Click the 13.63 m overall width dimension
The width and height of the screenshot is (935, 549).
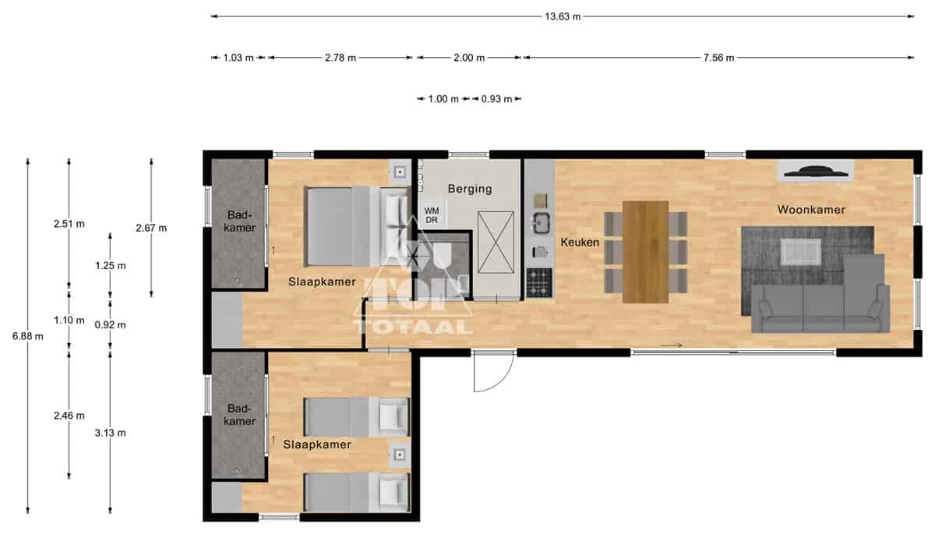pos(563,16)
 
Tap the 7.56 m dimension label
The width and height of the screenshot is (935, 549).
pos(718,58)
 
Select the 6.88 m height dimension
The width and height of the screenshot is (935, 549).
pos(27,336)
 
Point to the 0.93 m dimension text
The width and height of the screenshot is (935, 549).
pos(496,99)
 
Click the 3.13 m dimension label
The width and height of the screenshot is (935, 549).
pos(110,433)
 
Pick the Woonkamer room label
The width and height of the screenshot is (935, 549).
pos(811,210)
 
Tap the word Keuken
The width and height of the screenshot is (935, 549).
pos(580,243)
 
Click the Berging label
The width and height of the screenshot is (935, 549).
pos(470,189)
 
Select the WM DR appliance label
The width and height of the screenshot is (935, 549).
pos(432,215)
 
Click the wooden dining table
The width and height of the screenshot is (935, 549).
pos(645,252)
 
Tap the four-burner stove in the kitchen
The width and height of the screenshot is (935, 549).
pos(539,283)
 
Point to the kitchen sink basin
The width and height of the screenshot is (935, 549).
pos(541,223)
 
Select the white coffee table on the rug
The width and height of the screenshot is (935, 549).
pos(801,252)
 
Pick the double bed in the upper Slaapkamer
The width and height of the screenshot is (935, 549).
pos(358,226)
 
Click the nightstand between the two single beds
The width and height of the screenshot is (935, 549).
pos(400,455)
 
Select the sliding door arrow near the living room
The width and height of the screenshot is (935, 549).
pos(672,345)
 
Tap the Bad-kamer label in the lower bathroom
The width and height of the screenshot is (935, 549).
pos(239,414)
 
